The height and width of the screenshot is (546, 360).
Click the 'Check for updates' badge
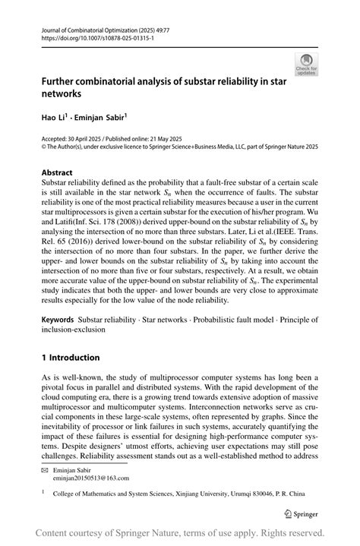[x=307, y=65]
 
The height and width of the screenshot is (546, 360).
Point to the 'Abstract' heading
[x=59, y=172]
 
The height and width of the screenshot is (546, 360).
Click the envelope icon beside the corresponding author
[x=45, y=469]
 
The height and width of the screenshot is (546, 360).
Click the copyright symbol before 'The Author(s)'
[x=44, y=147]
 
